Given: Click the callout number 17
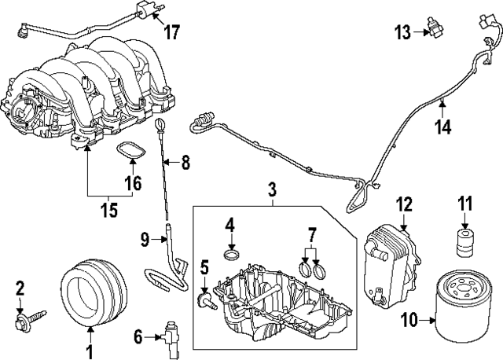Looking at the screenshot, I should [171, 32].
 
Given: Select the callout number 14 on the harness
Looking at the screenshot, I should [444, 126].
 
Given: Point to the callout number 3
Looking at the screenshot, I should [272, 189].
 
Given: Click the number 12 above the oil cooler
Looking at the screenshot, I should [403, 204].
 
